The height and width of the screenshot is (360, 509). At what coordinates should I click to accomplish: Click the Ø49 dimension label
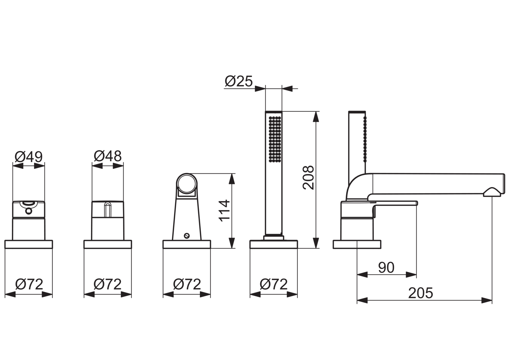29,156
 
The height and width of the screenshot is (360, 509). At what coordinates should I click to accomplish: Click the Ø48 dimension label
108,156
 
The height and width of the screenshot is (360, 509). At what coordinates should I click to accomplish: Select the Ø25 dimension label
239,81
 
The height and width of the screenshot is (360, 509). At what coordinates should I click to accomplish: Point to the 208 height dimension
308,178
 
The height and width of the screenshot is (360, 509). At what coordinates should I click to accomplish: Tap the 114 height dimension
224,211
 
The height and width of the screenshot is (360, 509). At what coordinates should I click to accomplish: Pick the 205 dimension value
421,293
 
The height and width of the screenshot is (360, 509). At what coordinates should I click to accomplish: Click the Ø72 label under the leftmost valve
29,284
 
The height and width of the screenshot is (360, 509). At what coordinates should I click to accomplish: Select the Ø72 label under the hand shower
273,284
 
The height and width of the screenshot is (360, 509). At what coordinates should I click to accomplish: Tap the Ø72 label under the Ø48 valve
108,284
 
